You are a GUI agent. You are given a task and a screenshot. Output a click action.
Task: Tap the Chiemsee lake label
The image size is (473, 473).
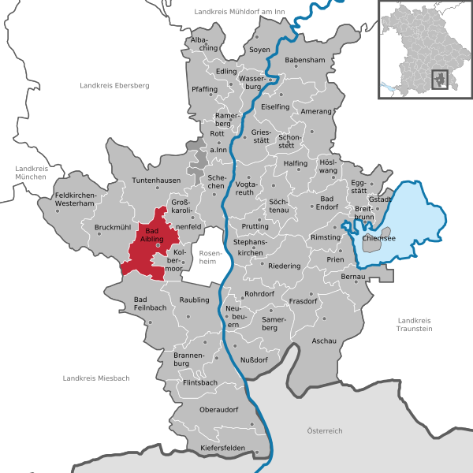[x=378, y=237]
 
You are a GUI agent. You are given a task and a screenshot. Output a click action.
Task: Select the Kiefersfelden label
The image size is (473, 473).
[x=224, y=449]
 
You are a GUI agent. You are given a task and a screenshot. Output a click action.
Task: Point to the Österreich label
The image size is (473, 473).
[x=325, y=430]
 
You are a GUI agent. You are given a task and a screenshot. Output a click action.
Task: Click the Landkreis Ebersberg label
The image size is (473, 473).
[x=114, y=85]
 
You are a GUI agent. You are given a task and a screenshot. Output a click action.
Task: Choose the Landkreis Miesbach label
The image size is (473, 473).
[x=96, y=378]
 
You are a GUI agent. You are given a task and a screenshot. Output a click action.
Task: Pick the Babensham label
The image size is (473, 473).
[x=304, y=60]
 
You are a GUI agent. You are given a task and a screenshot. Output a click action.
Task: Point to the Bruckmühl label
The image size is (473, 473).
[x=112, y=228]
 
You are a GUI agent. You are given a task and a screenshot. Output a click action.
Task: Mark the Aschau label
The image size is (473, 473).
[x=324, y=341]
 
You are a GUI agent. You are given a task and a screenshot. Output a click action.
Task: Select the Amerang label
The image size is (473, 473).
[x=316, y=111]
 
